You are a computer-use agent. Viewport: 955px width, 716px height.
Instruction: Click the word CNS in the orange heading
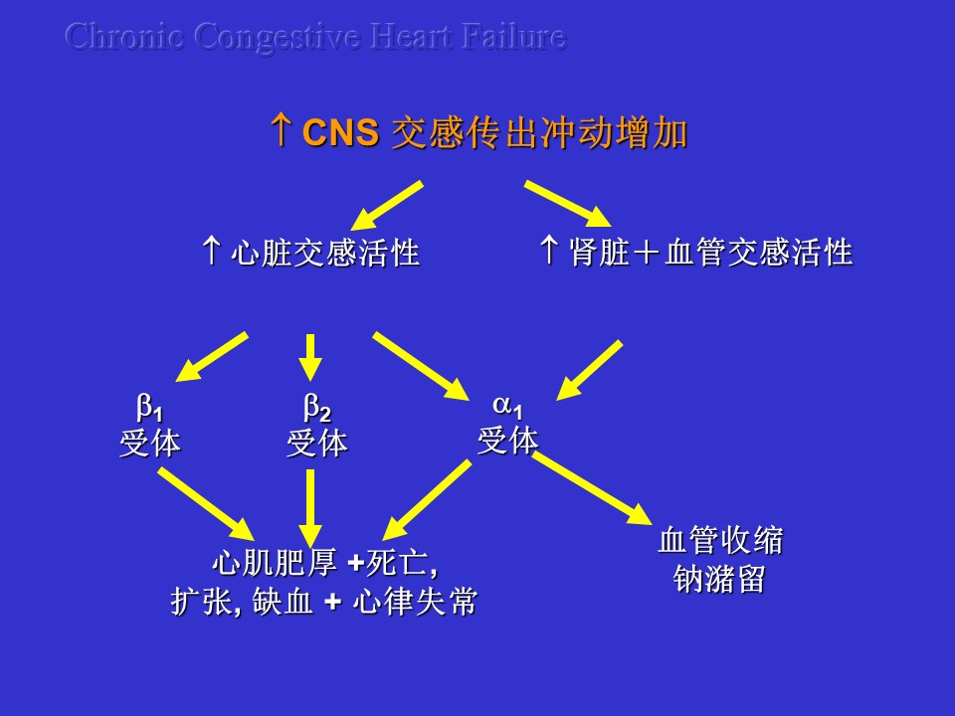[340, 131]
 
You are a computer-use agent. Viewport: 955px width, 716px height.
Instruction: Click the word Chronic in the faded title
[124, 36]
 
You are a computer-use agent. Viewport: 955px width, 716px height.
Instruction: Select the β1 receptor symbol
[149, 408]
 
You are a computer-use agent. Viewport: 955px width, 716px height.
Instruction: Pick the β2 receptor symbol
[316, 408]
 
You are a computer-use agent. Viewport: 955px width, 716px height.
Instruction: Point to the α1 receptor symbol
[507, 406]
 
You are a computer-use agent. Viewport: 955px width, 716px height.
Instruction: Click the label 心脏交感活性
[325, 252]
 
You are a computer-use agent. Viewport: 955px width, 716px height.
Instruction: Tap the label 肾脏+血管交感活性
[710, 252]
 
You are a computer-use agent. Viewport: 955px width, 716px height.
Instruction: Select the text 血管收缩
[720, 541]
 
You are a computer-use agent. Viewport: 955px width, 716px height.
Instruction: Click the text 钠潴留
[719, 579]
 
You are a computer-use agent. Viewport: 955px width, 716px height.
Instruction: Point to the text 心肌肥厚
[275, 562]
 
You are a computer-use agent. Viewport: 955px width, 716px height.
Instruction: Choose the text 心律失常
[416, 602]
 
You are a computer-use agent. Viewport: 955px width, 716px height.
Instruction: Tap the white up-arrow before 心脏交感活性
[211, 251]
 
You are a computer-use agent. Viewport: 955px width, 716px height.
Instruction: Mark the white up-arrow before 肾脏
[549, 250]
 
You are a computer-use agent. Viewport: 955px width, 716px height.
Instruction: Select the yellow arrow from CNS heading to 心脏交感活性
[387, 205]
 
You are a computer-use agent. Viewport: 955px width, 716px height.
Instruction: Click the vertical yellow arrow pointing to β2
[310, 357]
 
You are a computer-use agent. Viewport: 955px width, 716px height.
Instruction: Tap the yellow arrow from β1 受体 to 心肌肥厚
[206, 503]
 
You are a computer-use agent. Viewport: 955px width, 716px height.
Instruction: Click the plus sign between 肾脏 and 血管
[647, 252]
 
